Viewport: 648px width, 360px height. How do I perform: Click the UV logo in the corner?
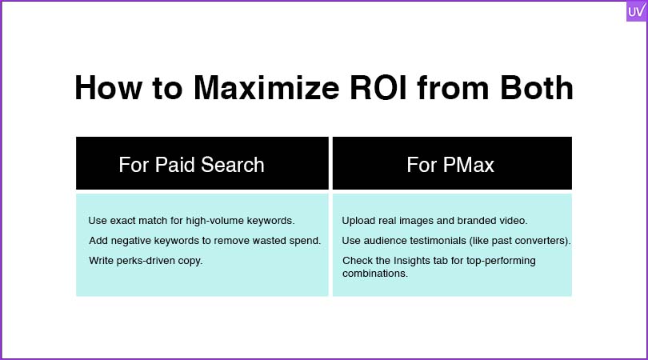tap(637, 10)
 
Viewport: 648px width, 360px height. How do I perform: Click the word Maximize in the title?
tap(266, 88)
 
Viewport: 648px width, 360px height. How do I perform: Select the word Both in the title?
tap(537, 88)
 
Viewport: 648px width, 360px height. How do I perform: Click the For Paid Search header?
tap(191, 165)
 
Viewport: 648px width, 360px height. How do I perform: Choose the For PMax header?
tap(450, 165)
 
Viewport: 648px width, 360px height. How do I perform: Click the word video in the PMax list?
tap(513, 221)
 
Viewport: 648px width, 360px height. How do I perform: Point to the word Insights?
tap(412, 261)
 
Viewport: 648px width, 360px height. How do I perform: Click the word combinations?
tap(375, 274)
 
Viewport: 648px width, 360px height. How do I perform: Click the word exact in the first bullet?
tap(123, 221)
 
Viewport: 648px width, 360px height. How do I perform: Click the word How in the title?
tap(108, 88)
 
